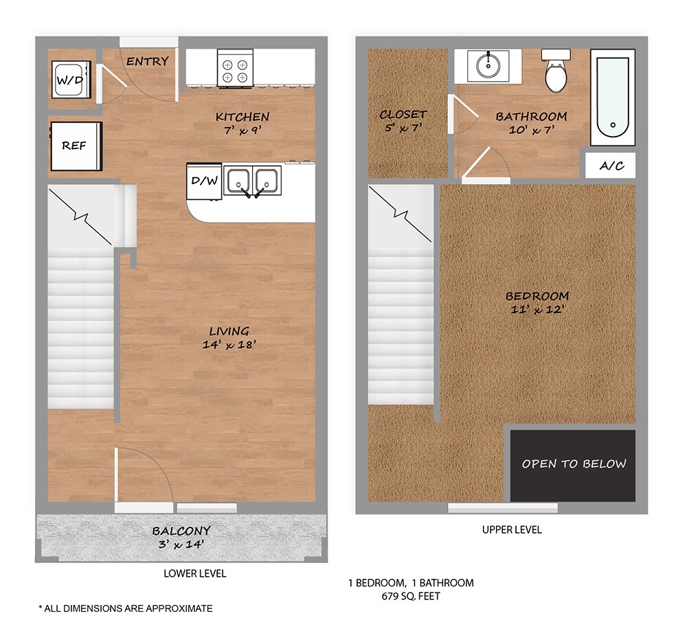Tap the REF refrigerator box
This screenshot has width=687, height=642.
[75, 146]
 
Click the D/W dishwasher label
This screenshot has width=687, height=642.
[204, 182]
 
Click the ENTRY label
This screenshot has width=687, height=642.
[147, 61]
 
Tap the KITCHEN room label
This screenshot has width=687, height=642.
[242, 117]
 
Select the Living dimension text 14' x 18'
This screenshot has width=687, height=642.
[228, 345]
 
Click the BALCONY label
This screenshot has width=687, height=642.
[181, 531]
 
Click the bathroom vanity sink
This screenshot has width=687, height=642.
[488, 66]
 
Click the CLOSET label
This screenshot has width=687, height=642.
[403, 115]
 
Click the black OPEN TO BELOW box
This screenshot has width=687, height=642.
[573, 465]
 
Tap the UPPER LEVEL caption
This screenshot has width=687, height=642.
[512, 530]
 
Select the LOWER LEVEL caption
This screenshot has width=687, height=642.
[194, 573]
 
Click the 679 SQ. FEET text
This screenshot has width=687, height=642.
[410, 596]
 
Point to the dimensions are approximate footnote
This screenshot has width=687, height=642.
[126, 608]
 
